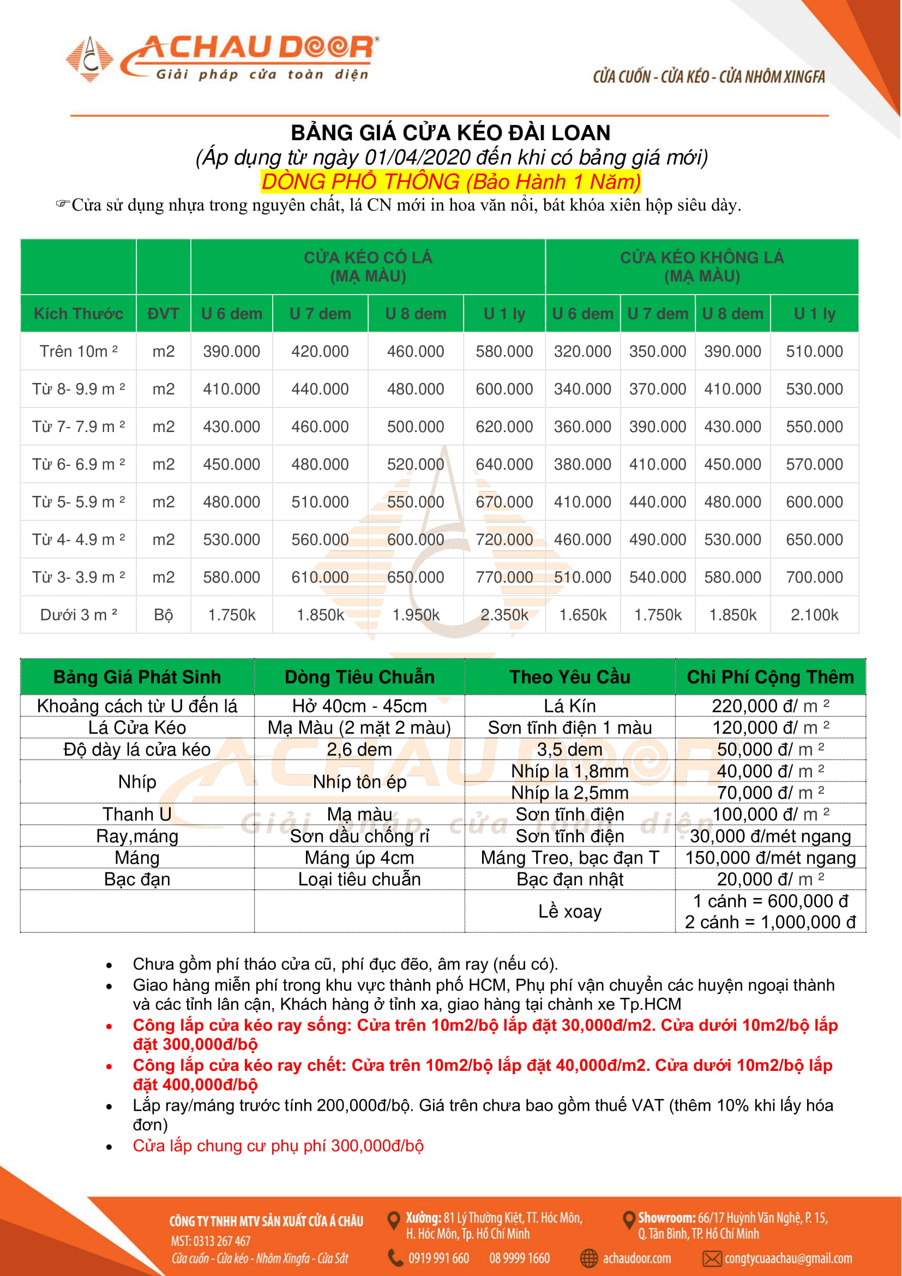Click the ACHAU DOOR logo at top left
(222, 58)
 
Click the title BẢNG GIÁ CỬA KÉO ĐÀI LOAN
(450, 133)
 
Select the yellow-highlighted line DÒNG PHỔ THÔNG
(450, 182)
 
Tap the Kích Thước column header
(79, 314)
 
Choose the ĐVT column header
(163, 314)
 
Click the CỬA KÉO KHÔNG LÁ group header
(701, 267)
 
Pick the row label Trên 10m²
(79, 351)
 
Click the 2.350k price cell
(504, 615)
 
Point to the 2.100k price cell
(814, 615)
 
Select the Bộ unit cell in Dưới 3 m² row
(163, 615)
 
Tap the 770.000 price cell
(504, 577)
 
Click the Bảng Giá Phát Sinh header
(137, 677)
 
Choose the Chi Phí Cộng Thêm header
(771, 677)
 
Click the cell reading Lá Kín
(570, 706)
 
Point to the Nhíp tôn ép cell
(359, 782)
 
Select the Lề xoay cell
(570, 912)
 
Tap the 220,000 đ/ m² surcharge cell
(771, 706)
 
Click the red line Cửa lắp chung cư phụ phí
(278, 1146)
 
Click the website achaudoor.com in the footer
(636, 1258)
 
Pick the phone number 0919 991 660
(439, 1258)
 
